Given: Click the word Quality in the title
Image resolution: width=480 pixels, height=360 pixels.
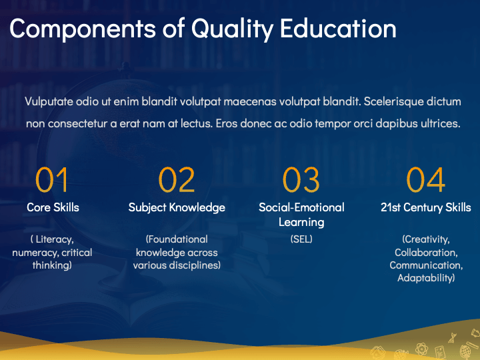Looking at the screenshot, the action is (x=232, y=29).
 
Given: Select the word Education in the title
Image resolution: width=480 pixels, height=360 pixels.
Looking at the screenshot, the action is (x=338, y=28).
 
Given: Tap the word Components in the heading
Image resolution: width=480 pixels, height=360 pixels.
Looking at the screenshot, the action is (x=83, y=29).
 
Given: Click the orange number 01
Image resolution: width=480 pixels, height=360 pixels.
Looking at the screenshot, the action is (x=51, y=180).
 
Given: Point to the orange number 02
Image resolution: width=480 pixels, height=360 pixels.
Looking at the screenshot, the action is (x=177, y=180).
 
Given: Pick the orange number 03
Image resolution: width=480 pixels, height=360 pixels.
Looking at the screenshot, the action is (x=301, y=180).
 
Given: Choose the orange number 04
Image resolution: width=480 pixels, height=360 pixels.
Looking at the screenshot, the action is (x=426, y=180).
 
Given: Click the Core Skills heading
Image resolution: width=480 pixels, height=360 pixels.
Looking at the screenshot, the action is (x=53, y=207).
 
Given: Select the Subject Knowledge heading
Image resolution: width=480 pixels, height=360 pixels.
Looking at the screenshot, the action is (x=177, y=207).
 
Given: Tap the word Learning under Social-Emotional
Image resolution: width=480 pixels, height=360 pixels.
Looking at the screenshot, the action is (x=301, y=222).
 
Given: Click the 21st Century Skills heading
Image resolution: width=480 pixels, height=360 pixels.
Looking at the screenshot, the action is (x=426, y=207).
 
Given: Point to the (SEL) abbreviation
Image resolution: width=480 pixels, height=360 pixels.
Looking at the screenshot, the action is (x=301, y=239).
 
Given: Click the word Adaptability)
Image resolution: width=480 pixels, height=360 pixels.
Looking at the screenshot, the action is (x=426, y=278).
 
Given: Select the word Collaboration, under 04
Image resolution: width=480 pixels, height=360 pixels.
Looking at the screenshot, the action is (x=426, y=253).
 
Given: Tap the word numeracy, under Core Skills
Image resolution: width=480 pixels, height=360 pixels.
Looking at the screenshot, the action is (x=35, y=253).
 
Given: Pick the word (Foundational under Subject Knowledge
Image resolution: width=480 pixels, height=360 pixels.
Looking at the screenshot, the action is (x=177, y=239).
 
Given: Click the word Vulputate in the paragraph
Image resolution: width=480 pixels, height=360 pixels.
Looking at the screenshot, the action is (x=49, y=101).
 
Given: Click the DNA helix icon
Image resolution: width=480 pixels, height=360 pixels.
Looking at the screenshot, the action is (x=452, y=338).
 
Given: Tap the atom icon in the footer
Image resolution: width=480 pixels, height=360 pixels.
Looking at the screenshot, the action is (x=421, y=349).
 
